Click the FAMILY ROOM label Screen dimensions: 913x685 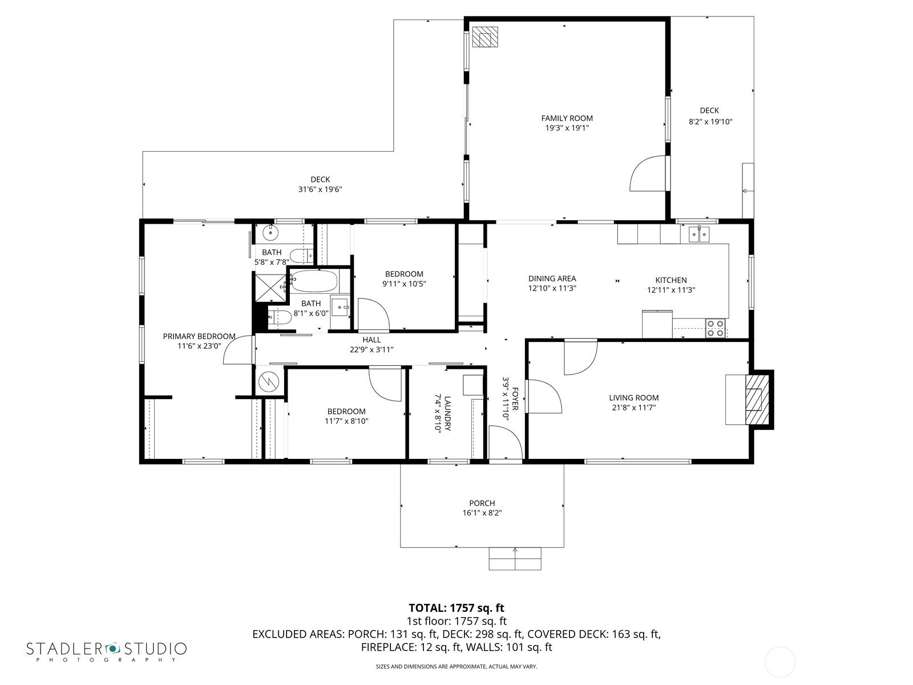[x=567, y=119]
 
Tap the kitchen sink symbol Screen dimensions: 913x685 [x=699, y=235]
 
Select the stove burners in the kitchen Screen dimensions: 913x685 [x=716, y=328]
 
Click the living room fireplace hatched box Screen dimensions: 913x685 [x=756, y=399]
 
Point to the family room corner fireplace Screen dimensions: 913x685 [x=485, y=37]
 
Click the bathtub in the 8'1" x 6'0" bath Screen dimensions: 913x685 [x=314, y=281]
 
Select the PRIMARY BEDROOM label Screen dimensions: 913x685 [x=199, y=336]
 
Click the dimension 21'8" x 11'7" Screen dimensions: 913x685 [x=633, y=408]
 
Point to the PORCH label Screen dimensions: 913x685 [x=482, y=503]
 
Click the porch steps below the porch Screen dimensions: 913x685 [x=515, y=559]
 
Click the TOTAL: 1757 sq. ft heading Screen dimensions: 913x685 [x=457, y=608]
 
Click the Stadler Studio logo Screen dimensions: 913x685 [x=107, y=651]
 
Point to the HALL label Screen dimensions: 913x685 [x=371, y=340]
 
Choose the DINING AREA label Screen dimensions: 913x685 [x=552, y=279]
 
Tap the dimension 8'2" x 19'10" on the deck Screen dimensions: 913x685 [x=710, y=122]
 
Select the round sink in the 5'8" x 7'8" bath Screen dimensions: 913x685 [x=271, y=232]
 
